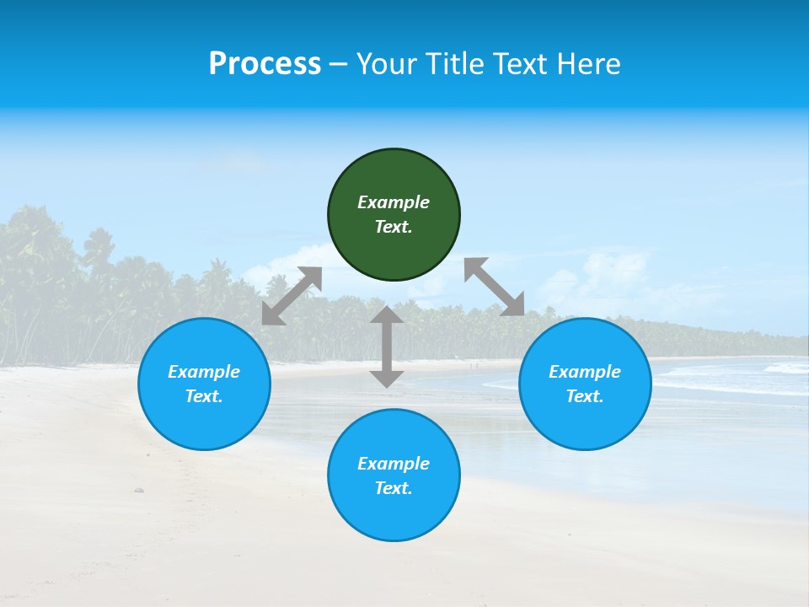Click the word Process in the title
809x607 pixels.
pos(265,64)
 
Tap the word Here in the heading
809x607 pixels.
pos(589,64)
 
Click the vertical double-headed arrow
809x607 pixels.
pos(387,346)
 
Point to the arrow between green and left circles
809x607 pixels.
pos(292,296)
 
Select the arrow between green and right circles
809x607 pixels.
pos(495,287)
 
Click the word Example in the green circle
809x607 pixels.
pos(394,202)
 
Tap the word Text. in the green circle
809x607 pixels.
pos(394,227)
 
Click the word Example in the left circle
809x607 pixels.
pos(204,372)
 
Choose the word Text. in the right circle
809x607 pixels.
pos(585,396)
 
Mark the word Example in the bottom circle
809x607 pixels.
pos(394,464)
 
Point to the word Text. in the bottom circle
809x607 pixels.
pos(394,488)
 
